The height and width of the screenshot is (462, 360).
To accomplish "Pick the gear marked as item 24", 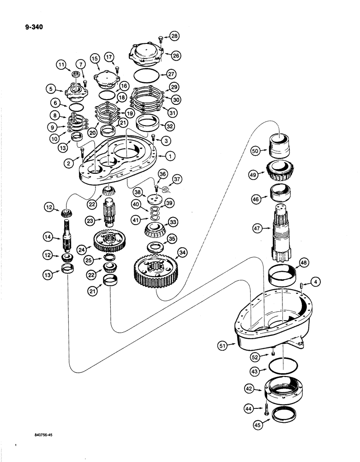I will (x=110, y=240).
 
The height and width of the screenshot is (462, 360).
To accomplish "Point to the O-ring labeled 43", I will (x=281, y=366).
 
